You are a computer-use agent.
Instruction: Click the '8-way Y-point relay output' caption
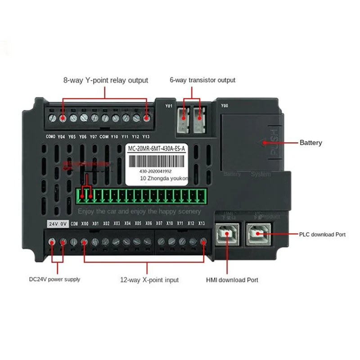pyautogui.click(x=105, y=81)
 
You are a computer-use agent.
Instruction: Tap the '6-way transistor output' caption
pyautogui.click(x=202, y=80)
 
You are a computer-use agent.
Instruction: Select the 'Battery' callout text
pyautogui.click(x=311, y=143)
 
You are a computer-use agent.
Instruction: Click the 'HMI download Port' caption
pyautogui.click(x=232, y=280)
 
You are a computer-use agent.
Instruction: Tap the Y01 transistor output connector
pyautogui.click(x=184, y=121)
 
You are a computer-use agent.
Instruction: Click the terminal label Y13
pyautogui.click(x=145, y=136)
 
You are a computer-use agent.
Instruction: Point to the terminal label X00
pyautogui.click(x=84, y=224)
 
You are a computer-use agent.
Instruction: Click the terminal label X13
pyautogui.click(x=202, y=224)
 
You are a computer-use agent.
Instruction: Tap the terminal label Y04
pyautogui.click(x=62, y=136)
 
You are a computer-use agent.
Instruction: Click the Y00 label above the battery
pyautogui.click(x=225, y=107)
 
